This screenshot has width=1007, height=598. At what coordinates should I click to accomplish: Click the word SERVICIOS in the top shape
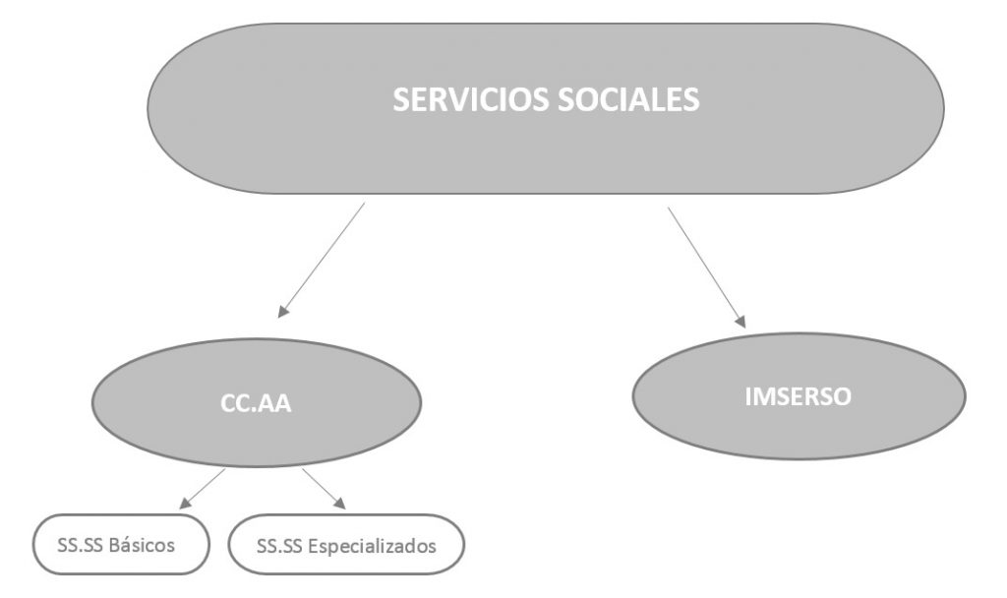pyautogui.click(x=466, y=100)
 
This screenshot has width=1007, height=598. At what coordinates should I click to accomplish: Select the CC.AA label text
pyautogui.click(x=256, y=404)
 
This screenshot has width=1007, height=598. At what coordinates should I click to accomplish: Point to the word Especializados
pyautogui.click(x=374, y=543)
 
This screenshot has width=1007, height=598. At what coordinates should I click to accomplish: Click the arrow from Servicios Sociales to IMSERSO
pyautogui.click(x=706, y=266)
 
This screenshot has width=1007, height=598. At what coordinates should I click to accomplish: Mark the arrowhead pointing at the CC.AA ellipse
pyautogui.click(x=282, y=312)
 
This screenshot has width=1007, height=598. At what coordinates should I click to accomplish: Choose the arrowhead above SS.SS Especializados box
pyautogui.click(x=340, y=504)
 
